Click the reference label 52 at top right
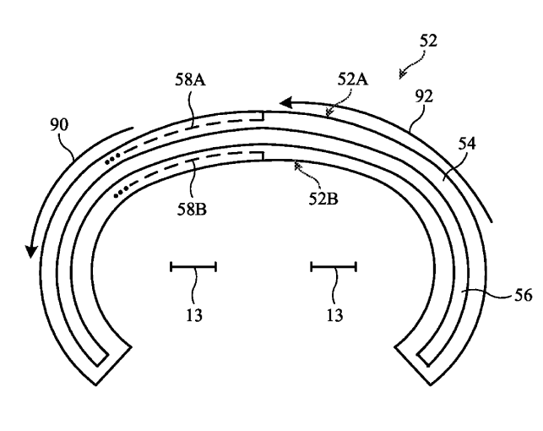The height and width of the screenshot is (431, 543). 428,41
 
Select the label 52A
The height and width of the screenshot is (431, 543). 353,79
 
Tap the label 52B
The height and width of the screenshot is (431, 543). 323,199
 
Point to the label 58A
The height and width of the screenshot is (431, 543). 190,79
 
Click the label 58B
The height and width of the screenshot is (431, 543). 192,209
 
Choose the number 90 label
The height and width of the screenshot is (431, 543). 59,125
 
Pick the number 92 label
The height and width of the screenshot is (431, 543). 424,96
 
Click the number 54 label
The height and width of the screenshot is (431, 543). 467,144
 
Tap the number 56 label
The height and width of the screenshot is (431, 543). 523,296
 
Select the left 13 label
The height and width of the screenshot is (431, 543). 194,315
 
